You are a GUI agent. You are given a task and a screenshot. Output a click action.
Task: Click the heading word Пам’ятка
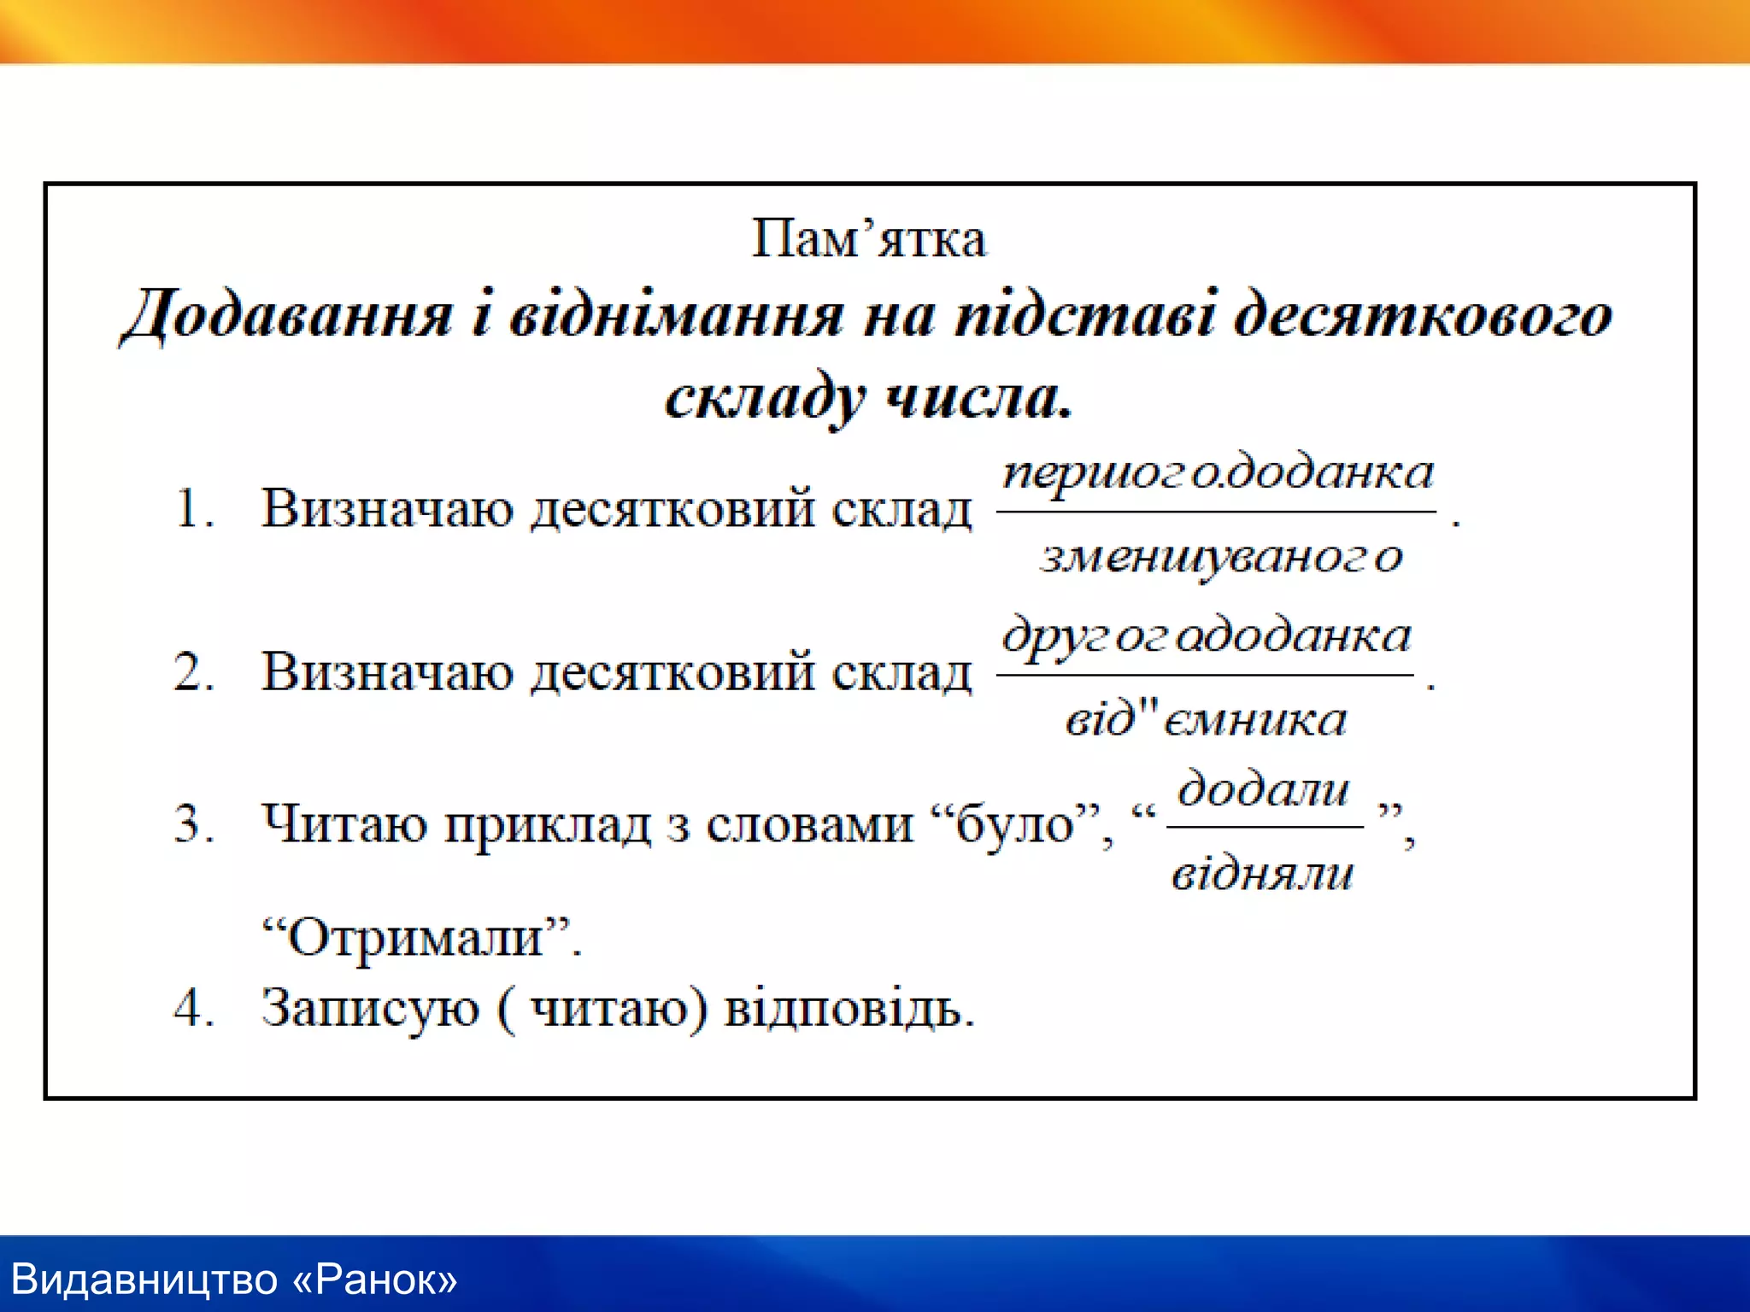[x=868, y=238]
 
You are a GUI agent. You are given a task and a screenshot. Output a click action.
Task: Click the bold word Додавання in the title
[x=287, y=315]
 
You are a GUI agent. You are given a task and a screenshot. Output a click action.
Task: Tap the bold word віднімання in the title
[x=676, y=315]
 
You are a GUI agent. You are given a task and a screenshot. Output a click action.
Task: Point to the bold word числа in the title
[x=978, y=397]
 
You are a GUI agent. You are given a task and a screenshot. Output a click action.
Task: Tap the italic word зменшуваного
[x=1220, y=557]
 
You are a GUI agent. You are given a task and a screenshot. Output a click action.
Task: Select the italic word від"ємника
[x=1206, y=719]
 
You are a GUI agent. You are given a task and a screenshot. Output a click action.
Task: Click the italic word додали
[x=1263, y=788]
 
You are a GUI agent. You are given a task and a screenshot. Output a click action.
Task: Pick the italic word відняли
[x=1262, y=873]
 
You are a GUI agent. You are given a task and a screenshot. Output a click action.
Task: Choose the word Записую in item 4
[x=370, y=1008]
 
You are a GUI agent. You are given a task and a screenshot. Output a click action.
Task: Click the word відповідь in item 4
[x=849, y=1008]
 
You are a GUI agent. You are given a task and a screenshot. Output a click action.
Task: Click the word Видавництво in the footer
[x=145, y=1280]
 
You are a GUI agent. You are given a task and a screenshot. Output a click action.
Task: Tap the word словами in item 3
[x=810, y=824]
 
